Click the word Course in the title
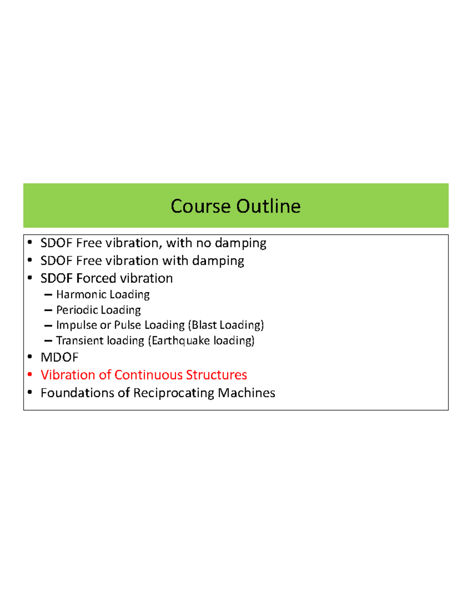coord(201,206)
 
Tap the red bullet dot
coord(30,374)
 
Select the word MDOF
coord(59,357)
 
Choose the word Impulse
coord(76,325)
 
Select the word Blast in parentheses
coord(204,325)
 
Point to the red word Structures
coord(216,375)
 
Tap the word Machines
coord(246,393)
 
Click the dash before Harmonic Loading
coord(48,295)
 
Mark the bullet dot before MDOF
coord(30,357)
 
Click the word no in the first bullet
coord(203,243)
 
